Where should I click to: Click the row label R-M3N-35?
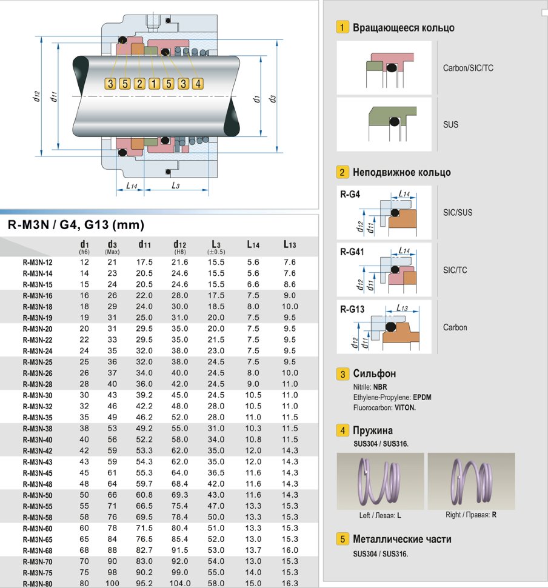point(38,417)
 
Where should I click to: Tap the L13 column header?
point(290,244)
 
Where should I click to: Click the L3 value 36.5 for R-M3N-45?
point(216,472)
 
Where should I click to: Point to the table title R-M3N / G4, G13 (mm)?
point(75,226)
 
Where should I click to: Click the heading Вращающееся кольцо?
point(403,28)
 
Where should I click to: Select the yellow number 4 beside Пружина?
point(343,431)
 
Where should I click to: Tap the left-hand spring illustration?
point(379,481)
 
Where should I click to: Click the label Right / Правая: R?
point(471,515)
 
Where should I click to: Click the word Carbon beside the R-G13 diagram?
point(455,327)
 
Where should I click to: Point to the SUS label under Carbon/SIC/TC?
point(450,125)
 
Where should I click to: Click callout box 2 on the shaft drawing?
point(139,84)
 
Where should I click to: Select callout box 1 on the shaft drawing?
point(154,84)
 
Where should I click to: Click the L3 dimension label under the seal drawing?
point(175,185)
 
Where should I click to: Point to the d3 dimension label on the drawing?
point(273,97)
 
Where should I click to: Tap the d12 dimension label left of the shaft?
point(37,96)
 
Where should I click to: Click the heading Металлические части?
point(402,539)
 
